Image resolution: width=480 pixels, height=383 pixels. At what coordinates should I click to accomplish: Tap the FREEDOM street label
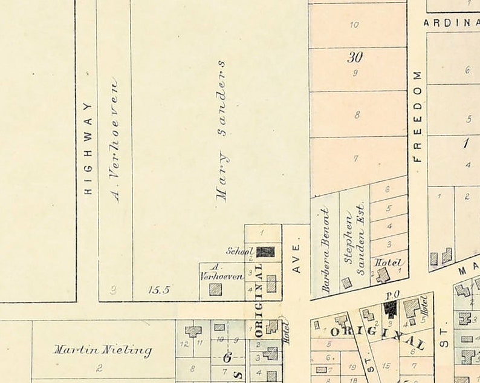point(417,116)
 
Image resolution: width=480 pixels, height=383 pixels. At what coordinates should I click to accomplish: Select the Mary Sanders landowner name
point(222,130)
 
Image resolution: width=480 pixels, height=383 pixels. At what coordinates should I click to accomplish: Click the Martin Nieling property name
point(102,350)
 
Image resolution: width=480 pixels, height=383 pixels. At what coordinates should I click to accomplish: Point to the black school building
point(265,252)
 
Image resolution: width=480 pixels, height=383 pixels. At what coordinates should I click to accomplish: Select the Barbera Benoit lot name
point(325,250)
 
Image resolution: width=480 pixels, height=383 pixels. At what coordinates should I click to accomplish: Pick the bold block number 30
point(355,57)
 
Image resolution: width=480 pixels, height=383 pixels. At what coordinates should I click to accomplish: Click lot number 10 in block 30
point(354,25)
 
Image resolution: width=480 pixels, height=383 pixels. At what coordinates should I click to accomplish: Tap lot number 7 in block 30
point(356,159)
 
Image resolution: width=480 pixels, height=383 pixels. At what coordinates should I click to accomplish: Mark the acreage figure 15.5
point(159,290)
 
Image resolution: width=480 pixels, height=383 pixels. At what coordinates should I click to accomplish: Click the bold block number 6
point(227,358)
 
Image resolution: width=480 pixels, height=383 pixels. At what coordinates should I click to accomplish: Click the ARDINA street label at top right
point(450,22)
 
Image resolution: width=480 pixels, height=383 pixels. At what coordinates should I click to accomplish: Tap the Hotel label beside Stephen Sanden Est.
point(385,263)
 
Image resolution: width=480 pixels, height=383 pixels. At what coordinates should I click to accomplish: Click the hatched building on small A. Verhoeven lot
point(215,289)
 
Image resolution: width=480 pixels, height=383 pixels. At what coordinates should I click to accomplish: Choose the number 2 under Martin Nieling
point(100,367)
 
